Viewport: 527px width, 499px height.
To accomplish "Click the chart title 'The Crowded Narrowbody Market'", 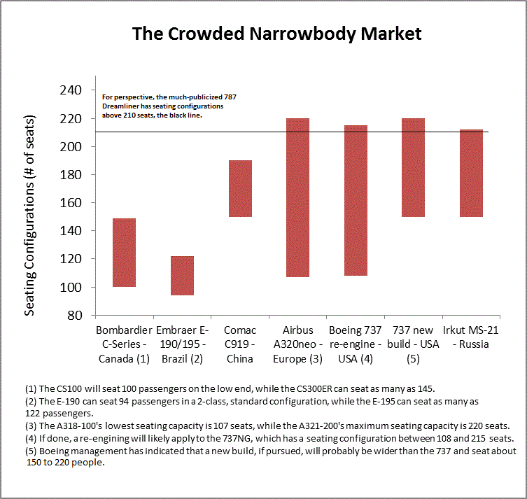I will click(x=277, y=34).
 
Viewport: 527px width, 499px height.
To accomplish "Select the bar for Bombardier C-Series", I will click(x=124, y=253).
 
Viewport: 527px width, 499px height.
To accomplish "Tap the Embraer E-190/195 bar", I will click(x=183, y=276).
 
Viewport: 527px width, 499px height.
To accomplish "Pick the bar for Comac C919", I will click(x=241, y=189).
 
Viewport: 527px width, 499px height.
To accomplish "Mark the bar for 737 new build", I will click(x=414, y=168).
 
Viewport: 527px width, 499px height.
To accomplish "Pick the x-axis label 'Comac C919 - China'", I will click(x=240, y=344).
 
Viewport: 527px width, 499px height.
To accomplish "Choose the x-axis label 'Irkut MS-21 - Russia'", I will click(x=471, y=337).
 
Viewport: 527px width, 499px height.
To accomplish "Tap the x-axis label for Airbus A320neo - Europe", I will click(x=298, y=344).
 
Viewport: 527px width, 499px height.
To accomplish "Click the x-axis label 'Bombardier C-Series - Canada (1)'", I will click(x=124, y=344).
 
